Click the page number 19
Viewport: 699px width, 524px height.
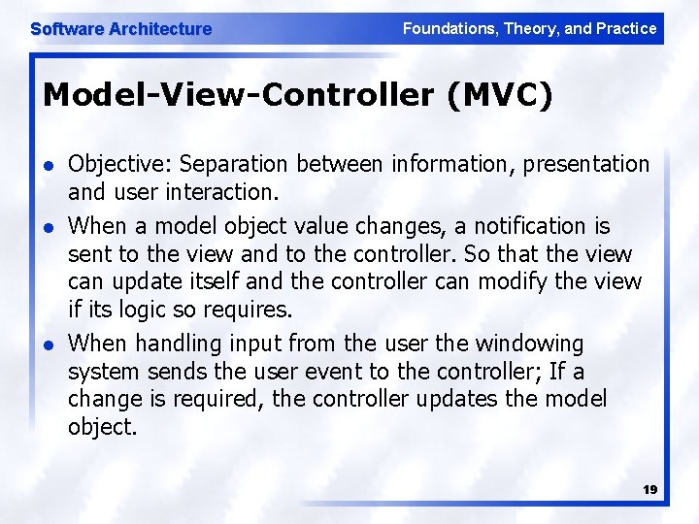click(x=649, y=490)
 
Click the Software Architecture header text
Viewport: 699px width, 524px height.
click(x=120, y=29)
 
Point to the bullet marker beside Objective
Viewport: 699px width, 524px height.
click(x=50, y=166)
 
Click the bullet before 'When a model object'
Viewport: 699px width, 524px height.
click(x=50, y=228)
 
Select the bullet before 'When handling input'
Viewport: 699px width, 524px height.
click(x=50, y=344)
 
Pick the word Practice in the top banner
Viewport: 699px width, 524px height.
click(x=626, y=28)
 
